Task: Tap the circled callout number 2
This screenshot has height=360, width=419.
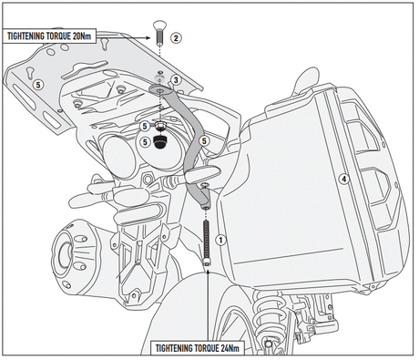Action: pyautogui.click(x=176, y=38)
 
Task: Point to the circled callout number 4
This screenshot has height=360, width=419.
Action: pyautogui.click(x=343, y=179)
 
